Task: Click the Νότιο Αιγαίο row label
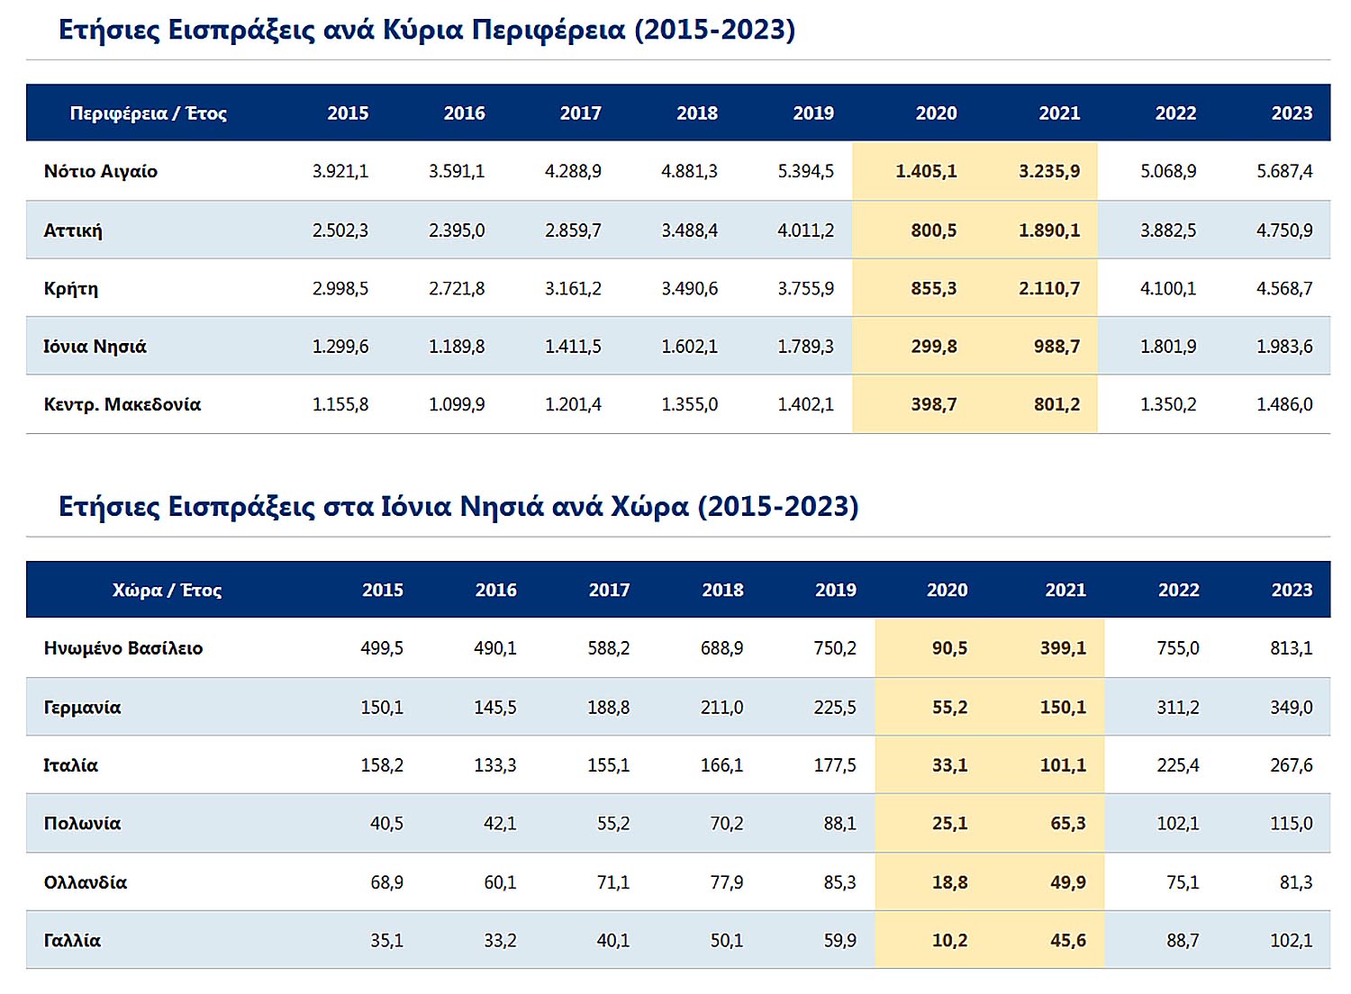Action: coord(101,171)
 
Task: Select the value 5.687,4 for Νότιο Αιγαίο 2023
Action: coord(1284,171)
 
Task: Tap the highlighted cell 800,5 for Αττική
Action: coord(933,230)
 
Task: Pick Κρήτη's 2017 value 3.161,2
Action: coord(573,289)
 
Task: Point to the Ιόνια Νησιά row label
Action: coord(95,347)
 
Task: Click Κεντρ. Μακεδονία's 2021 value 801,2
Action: coord(1056,405)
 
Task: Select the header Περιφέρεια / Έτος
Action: coord(148,113)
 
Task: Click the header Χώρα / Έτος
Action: coord(167,591)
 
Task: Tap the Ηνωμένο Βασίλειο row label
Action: coord(123,648)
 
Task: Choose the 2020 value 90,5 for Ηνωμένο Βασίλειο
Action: coord(949,648)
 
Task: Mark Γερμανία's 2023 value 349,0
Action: coord(1291,708)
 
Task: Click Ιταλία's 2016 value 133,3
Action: coord(495,765)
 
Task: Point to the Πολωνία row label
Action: coord(82,824)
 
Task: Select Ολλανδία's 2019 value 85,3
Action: coord(839,882)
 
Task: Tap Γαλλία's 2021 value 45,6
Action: coord(1067,941)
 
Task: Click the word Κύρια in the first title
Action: coord(422,30)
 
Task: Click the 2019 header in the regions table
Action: coord(813,113)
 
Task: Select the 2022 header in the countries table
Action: coord(1178,591)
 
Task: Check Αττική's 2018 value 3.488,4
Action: coord(689,230)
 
